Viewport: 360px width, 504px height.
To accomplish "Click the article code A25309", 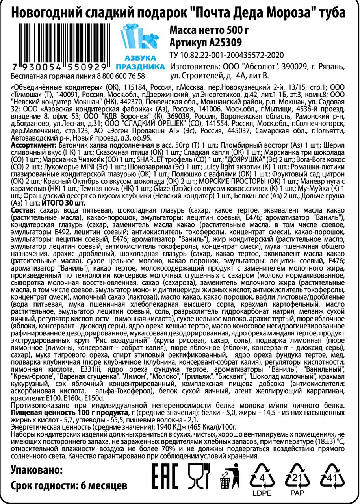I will (205, 42).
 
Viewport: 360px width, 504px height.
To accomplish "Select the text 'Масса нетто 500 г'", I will (209, 30).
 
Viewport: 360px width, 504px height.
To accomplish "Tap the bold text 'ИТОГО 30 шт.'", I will (63, 203).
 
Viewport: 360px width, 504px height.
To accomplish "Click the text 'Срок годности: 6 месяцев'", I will (69, 485).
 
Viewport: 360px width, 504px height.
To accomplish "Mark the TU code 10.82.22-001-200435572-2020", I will (226, 54).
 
